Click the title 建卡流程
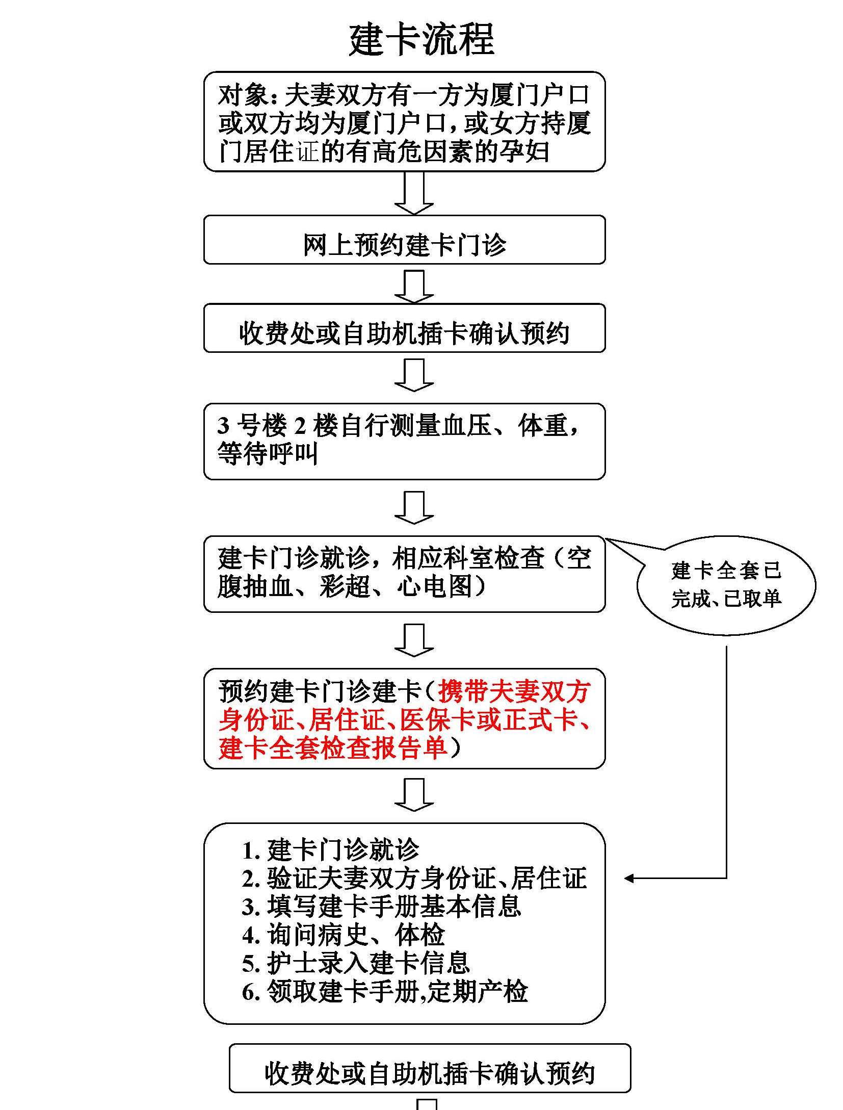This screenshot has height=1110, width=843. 422,40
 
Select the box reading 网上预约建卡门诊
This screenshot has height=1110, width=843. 404,240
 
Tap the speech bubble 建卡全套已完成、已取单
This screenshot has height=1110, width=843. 726,585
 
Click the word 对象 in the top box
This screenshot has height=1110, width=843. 244,95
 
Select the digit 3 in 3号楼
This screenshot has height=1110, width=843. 223,426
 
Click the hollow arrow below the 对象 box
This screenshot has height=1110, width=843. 414,193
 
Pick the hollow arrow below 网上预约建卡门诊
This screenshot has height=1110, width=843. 414,287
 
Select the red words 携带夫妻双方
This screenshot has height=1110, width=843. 514,692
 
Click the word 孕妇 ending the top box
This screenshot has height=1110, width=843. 524,151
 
